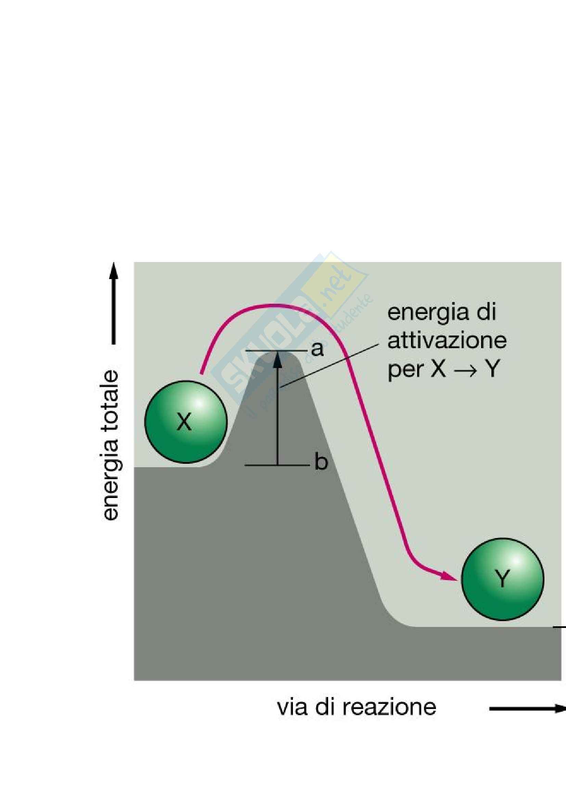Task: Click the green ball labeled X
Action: [186, 422]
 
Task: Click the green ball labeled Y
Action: [502, 579]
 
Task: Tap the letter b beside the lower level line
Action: [321, 463]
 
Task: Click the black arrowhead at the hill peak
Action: [278, 360]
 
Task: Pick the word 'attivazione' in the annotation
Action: [447, 340]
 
